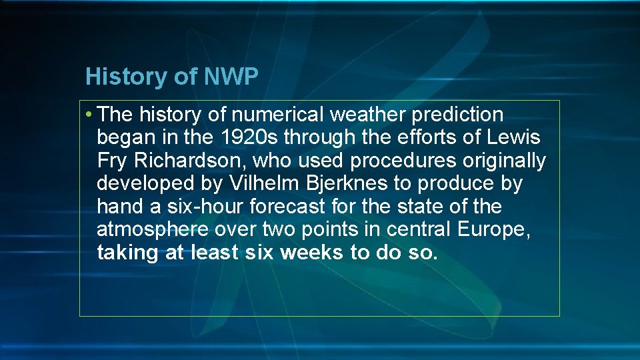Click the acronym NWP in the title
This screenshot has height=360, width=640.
click(x=231, y=77)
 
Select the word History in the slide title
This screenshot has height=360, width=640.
click(x=128, y=77)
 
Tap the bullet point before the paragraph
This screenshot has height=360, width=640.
click(x=89, y=115)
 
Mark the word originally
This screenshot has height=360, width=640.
click(x=506, y=161)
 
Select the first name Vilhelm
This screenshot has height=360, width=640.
click(x=260, y=184)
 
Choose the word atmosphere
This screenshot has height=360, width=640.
click(x=153, y=229)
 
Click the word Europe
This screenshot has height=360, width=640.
click(x=494, y=229)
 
